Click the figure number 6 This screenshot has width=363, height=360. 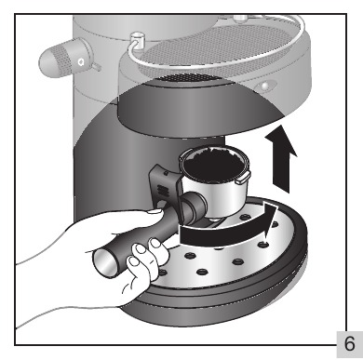349,344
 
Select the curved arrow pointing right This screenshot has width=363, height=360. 228,226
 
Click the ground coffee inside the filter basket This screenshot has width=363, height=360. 213,164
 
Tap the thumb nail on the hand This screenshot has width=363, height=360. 155,211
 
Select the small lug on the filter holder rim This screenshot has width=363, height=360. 243,179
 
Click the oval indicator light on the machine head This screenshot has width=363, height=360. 264,85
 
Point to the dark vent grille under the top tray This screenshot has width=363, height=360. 183,77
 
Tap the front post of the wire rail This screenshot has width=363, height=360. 137,40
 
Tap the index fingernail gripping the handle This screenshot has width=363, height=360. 141,247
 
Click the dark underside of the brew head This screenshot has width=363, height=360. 198,112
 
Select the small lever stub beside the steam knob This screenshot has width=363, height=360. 96,66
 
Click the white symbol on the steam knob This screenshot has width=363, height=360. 81,62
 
